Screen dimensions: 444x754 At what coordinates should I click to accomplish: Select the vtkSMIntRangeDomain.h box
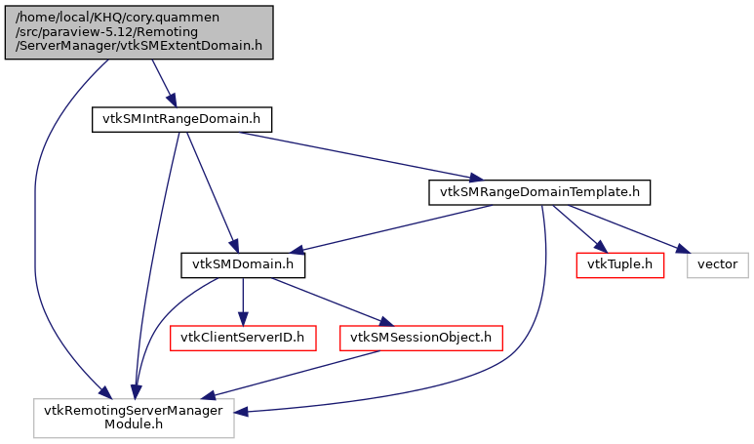(180, 119)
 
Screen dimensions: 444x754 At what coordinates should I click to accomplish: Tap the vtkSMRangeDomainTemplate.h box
(538, 192)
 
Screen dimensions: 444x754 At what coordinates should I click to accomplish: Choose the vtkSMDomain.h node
(243, 264)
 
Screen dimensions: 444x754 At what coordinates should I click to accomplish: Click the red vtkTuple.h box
(620, 264)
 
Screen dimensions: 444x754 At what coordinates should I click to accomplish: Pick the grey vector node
(719, 264)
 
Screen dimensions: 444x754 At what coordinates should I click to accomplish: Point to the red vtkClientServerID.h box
(243, 338)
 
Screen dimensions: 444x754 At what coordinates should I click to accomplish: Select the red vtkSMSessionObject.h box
(420, 338)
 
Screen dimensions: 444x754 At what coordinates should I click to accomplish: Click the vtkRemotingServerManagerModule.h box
(135, 418)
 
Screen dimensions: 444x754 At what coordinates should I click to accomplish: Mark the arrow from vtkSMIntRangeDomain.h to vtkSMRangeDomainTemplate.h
(351, 154)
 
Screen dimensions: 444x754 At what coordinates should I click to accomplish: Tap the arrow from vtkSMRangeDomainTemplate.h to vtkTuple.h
(583, 228)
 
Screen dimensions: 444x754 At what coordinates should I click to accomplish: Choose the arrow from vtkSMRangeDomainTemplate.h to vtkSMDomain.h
(390, 228)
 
